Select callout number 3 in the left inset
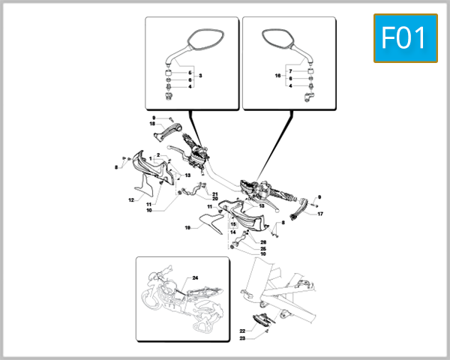coord(179,77)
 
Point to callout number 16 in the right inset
coord(277,76)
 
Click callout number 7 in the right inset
coord(291,70)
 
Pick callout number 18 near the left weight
coord(151,124)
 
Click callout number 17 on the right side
coord(319,214)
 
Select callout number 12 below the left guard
coord(130,200)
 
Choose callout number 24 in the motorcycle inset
coord(195,278)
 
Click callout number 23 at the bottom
coord(243,339)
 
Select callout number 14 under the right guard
coord(233,232)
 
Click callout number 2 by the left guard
coord(158,154)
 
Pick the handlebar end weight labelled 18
coord(169,134)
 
